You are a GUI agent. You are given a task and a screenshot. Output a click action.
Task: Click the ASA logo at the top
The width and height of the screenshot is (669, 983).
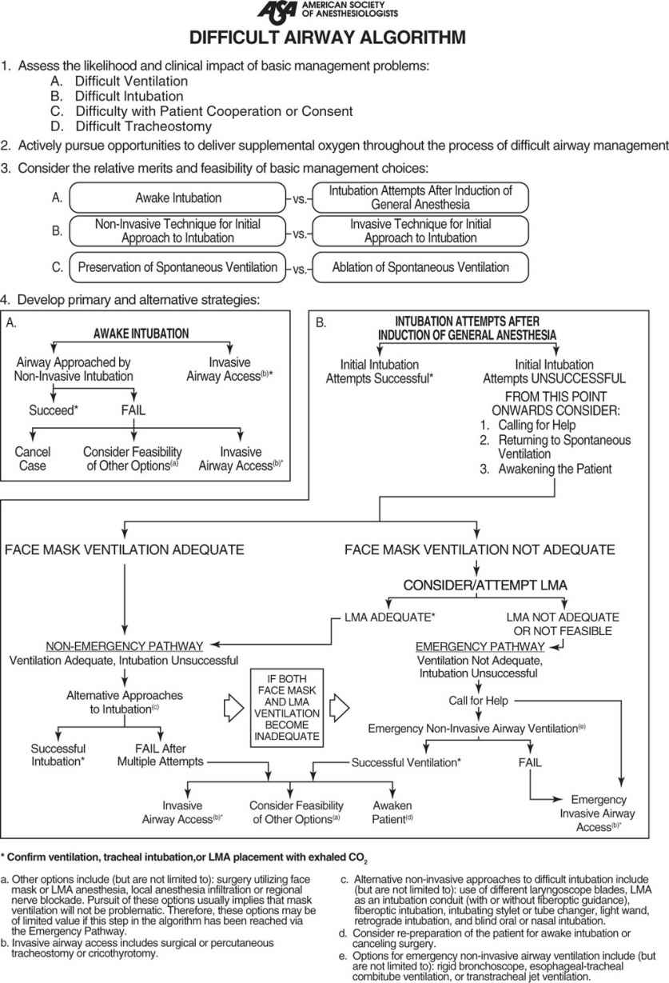tap(277, 12)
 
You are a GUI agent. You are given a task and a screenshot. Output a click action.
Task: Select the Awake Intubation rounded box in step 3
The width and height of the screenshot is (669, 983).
tap(179, 198)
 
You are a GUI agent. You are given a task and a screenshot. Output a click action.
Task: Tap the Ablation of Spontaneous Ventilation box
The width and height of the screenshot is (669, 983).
tap(420, 267)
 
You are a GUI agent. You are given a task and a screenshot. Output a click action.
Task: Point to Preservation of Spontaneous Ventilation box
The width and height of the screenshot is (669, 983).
tap(177, 267)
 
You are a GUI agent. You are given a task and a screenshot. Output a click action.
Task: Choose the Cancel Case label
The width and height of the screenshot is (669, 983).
tap(32, 459)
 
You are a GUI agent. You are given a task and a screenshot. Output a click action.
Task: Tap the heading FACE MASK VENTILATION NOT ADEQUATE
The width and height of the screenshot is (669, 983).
tap(480, 549)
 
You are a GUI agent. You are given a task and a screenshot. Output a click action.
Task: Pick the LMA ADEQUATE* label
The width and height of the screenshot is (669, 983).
tap(378, 617)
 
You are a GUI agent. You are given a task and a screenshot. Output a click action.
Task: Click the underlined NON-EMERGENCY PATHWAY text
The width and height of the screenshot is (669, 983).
tap(123, 645)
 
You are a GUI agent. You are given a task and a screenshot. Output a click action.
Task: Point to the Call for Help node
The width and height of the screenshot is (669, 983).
tap(479, 701)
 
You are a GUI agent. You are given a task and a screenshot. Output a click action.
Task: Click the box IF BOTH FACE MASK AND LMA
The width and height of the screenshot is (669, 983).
tap(285, 707)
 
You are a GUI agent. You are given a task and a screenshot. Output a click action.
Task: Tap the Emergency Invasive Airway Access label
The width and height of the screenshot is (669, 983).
tap(599, 812)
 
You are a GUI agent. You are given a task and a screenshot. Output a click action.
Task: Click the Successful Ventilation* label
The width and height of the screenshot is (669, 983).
tap(406, 762)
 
